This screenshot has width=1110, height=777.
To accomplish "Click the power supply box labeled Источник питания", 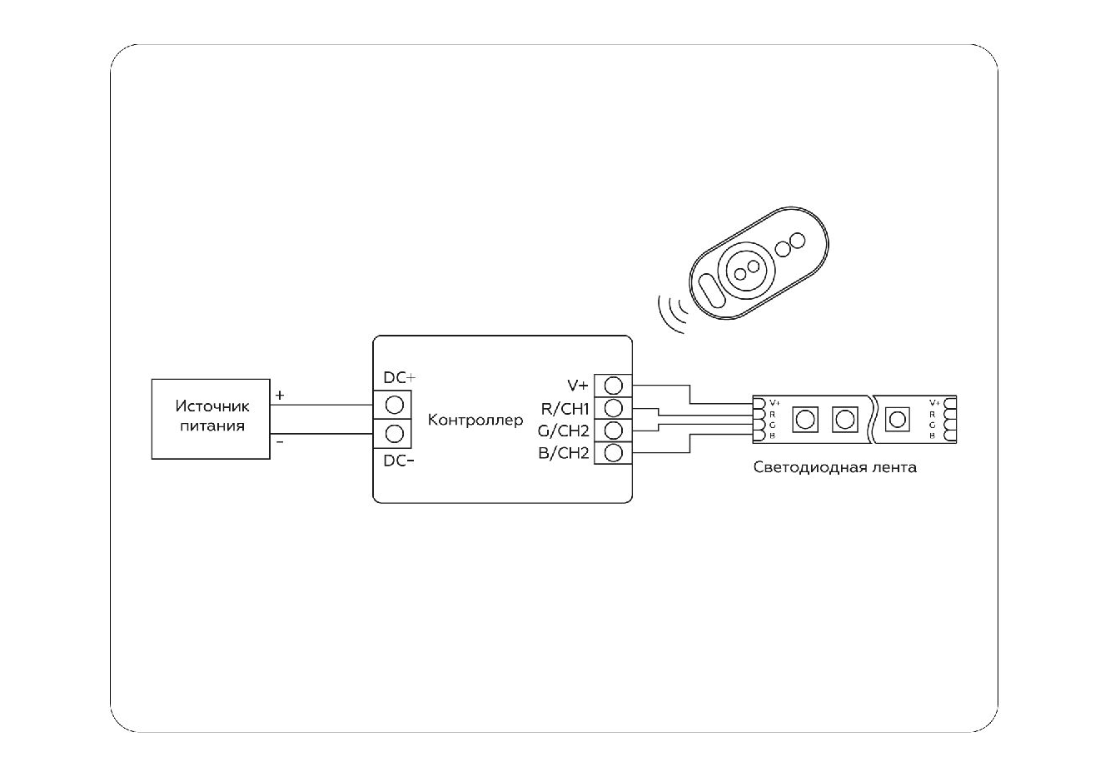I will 211,419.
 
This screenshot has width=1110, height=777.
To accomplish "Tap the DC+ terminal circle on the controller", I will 396,405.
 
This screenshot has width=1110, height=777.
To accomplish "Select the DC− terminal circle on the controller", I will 396,433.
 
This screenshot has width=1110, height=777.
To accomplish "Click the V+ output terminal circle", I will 614,386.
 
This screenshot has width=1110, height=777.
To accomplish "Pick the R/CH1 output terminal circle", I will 614,408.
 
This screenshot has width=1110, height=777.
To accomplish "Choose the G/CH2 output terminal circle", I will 614,431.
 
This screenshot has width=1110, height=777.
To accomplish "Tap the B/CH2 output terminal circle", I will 614,453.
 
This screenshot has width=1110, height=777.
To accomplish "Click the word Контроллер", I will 475,420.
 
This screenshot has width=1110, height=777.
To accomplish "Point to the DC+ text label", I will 399,378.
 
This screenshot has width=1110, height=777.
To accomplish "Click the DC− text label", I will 399,461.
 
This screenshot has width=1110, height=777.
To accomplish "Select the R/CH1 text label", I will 565,409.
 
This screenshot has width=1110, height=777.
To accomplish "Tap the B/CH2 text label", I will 564,454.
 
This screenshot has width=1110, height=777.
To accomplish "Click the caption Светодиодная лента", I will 834,467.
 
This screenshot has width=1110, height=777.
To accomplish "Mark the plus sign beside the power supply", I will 280,395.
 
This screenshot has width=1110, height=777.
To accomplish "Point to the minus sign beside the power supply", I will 280,442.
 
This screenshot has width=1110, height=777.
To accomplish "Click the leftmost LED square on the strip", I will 804,419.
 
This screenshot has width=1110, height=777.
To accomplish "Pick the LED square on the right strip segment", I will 897,419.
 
